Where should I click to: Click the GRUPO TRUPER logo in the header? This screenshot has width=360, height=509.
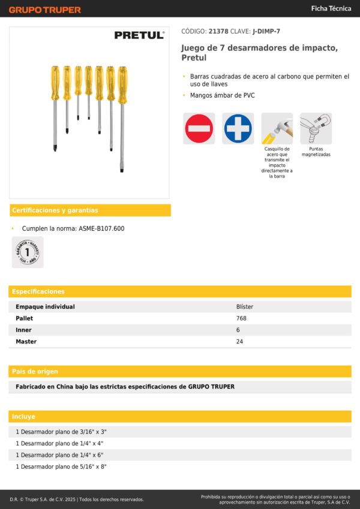45,10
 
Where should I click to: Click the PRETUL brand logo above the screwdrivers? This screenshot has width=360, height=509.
139,36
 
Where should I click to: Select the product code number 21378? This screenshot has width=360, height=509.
218,31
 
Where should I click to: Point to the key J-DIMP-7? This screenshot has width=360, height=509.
266,31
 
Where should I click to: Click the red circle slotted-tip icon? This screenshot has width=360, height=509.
199,128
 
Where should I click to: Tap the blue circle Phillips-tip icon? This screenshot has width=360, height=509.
238,128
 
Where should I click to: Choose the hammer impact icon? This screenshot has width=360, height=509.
277,128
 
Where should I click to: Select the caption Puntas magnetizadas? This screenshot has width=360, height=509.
316,152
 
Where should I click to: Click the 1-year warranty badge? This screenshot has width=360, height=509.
28,252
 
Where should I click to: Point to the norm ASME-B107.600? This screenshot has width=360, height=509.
101,228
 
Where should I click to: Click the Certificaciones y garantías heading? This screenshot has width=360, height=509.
55,210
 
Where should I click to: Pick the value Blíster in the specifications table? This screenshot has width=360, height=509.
245,306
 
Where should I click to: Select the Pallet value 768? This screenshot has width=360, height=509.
241,318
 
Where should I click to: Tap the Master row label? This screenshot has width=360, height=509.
26,342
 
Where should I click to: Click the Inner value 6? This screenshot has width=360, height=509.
238,330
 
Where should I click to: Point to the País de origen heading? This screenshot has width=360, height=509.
35,372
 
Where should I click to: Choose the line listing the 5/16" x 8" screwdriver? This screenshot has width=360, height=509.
61,466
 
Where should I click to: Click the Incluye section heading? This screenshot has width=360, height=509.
24,416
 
